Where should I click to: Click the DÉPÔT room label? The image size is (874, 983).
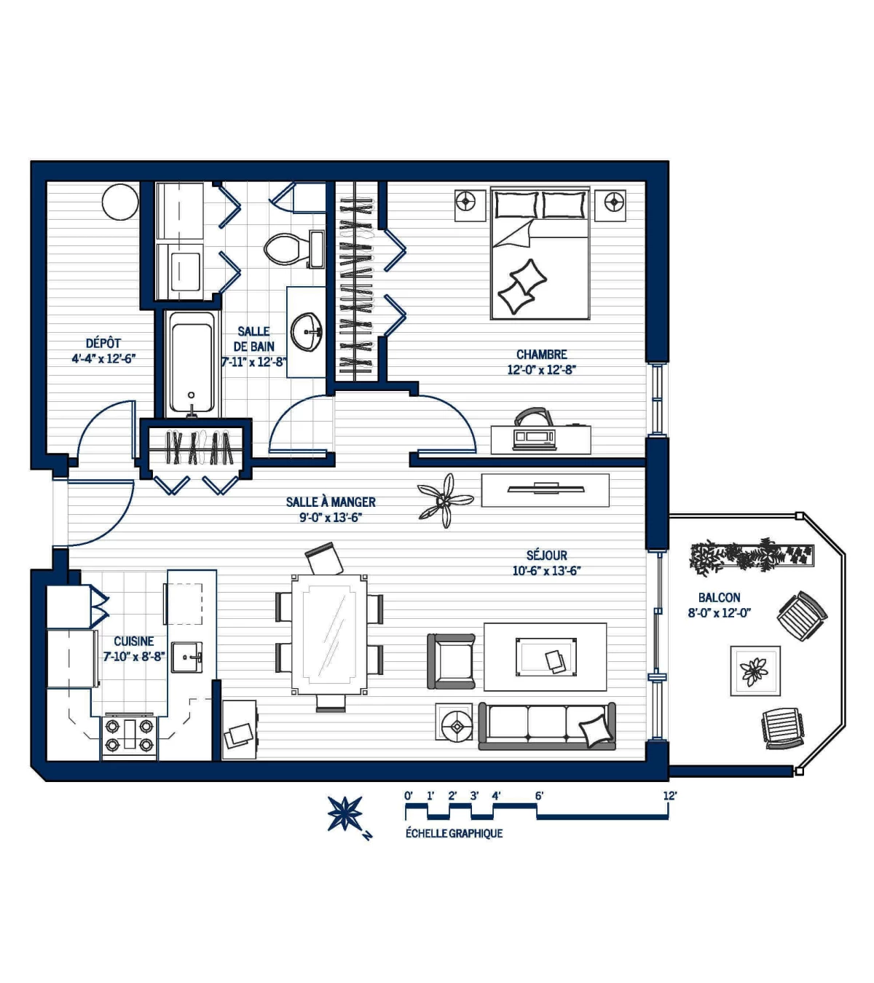pos(103,343)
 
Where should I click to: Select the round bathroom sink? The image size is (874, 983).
pos(306,332)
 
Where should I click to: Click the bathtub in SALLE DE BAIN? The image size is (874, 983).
pos(192,364)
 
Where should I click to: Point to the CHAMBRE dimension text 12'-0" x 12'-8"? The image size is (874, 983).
pos(541,370)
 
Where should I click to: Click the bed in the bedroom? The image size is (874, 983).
pos(540,253)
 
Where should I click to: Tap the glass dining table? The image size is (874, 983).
pos(329,635)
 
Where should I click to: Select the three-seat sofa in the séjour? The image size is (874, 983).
pos(547,726)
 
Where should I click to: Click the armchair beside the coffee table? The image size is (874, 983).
pos(451,661)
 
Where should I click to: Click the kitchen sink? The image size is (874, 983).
pos(187,658)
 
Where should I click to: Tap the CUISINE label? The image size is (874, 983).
pos(133,641)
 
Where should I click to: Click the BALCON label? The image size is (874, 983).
pos(719,597)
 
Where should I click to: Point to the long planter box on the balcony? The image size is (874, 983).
pos(752,556)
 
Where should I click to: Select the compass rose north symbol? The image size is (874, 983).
pos(345,813)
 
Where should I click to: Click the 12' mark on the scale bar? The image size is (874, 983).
pos(669,796)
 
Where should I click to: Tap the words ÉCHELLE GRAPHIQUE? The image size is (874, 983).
pos(454,834)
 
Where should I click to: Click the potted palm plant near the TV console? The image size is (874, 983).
pos(446,501)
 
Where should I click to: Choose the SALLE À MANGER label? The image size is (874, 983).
pos(331,502)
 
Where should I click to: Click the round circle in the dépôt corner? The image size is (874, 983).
pos(120,202)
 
